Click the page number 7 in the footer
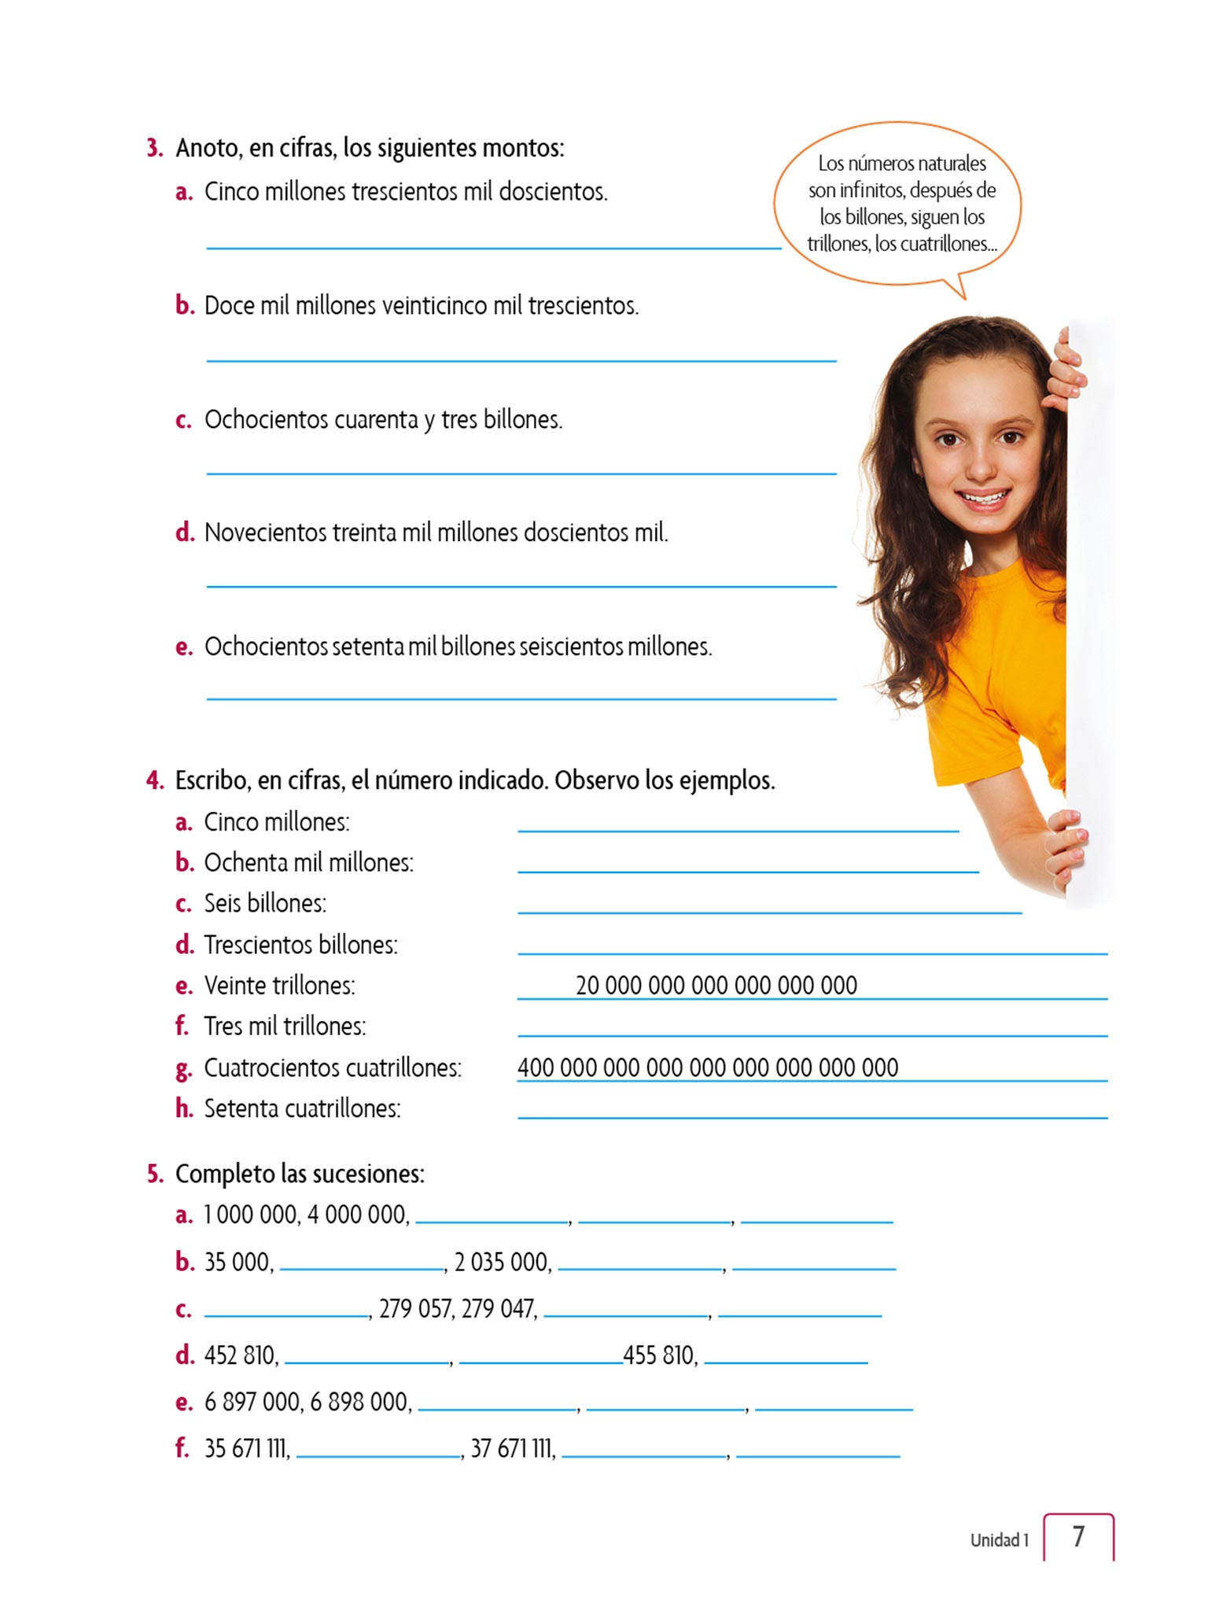1078,1536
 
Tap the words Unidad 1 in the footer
999,1540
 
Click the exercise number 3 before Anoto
153,148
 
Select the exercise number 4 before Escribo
154,780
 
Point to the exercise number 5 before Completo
154,1174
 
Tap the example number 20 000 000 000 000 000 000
716,985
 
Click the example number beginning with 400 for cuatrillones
707,1067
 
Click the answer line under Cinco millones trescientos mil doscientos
493,247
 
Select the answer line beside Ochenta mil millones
747,871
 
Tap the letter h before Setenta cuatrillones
184,1108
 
